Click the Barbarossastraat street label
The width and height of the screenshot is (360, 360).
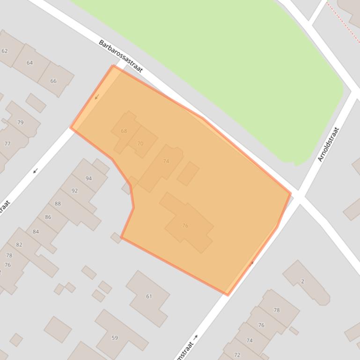coord(120,56)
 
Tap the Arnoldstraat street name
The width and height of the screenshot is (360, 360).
coord(328,144)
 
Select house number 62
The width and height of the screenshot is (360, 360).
coord(5,51)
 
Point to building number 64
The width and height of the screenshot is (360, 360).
coord(30,63)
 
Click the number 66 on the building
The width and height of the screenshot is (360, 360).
coord(53,81)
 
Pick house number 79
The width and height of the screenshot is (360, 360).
coord(20,123)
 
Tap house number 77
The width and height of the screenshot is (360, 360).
coord(7,144)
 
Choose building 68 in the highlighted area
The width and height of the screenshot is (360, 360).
coord(124,131)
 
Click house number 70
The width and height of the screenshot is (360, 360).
coord(140,144)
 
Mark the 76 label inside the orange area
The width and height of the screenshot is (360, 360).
coord(185,226)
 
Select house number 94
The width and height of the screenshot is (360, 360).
coord(88,178)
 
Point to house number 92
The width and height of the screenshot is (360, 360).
coord(74,191)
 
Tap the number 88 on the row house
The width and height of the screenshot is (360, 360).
coord(58,204)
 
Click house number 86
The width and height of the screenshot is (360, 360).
coord(48,217)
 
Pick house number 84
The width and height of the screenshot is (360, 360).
coord(36,231)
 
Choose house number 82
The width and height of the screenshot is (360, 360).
coord(19,245)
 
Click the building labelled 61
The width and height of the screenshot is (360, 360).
coord(149,296)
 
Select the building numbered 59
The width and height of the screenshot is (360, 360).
coord(115,338)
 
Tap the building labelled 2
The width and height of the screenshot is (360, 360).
coord(303,281)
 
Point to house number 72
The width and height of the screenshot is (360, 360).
coord(237,355)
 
